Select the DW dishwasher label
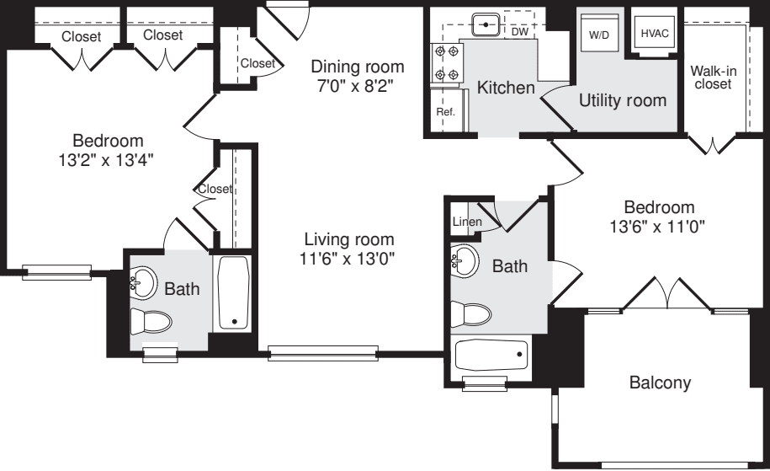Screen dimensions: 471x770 519,30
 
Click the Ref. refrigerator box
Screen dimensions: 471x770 444,111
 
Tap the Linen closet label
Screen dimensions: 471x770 466,222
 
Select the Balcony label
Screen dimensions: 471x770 660,383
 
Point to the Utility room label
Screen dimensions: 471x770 622,101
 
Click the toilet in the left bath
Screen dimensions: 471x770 151,322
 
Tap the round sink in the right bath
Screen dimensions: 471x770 465,262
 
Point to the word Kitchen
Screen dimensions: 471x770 505,88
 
